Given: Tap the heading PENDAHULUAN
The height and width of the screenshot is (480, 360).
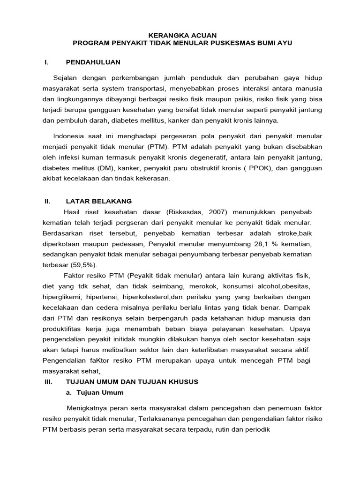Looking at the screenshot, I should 93,62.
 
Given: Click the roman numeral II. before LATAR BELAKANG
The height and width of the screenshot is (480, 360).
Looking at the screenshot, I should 47,201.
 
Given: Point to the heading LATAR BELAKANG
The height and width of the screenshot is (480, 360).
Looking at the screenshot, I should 99,201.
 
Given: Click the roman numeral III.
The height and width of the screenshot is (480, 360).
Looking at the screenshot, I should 48,382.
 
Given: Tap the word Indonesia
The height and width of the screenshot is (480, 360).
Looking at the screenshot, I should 70,136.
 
